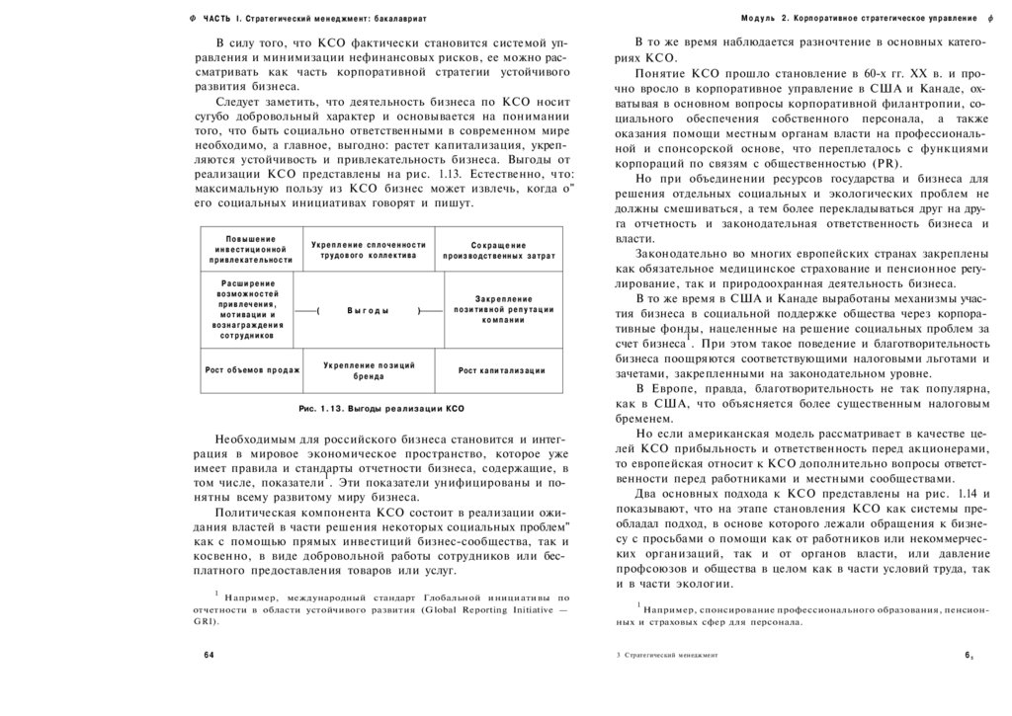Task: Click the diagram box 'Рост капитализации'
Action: click(502, 370)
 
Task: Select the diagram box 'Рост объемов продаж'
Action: click(252, 370)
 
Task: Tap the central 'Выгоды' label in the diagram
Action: click(369, 310)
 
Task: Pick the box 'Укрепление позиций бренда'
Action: click(369, 370)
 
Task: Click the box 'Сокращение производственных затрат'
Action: click(499, 251)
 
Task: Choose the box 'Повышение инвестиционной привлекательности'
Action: click(251, 250)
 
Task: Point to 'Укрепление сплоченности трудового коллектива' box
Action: click(369, 250)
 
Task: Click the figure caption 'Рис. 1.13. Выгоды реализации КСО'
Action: click(380, 408)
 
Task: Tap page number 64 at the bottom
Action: click(209, 655)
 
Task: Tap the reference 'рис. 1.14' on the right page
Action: click(955, 492)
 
